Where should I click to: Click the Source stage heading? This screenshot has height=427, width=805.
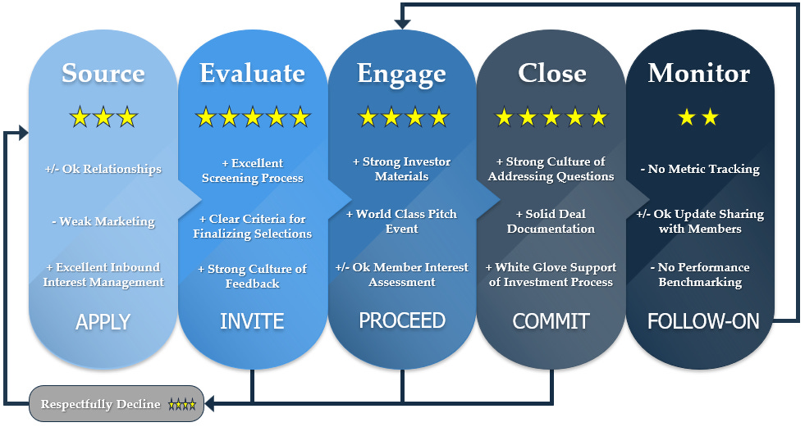point(103,73)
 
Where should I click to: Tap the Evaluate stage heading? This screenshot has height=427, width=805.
point(252,73)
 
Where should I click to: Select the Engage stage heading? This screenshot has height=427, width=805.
point(401,75)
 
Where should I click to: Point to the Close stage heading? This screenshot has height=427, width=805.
point(552,73)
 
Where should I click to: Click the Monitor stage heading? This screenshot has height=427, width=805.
point(698,73)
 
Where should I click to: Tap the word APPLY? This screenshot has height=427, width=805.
point(103,322)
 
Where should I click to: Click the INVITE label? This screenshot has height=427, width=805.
point(252,321)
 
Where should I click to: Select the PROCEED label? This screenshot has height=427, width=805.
point(402,320)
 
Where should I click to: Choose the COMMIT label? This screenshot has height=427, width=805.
point(551,321)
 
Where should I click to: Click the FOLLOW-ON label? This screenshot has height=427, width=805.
point(703,321)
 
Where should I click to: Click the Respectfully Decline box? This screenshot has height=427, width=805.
point(117,404)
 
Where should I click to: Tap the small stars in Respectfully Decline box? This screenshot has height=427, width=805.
point(182,404)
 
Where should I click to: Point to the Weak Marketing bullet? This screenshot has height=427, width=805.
point(103,221)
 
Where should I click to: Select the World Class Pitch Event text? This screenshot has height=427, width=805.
point(401,221)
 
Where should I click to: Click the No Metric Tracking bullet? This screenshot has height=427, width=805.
point(700,169)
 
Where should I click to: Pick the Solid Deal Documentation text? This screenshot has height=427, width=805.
point(551,221)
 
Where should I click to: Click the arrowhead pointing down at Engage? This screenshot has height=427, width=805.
point(402,24)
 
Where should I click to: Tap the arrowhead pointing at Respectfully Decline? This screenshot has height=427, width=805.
point(209,403)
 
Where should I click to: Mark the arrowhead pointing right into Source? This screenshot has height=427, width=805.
point(24,133)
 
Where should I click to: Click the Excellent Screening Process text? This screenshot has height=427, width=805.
point(252,170)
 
